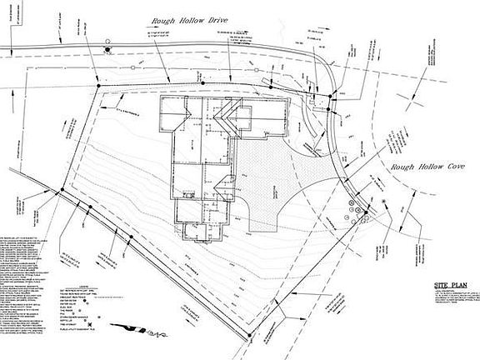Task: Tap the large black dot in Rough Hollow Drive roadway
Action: (x=107, y=51)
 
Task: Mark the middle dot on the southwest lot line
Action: (x=132, y=240)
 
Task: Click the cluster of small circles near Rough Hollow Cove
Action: (x=356, y=207)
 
